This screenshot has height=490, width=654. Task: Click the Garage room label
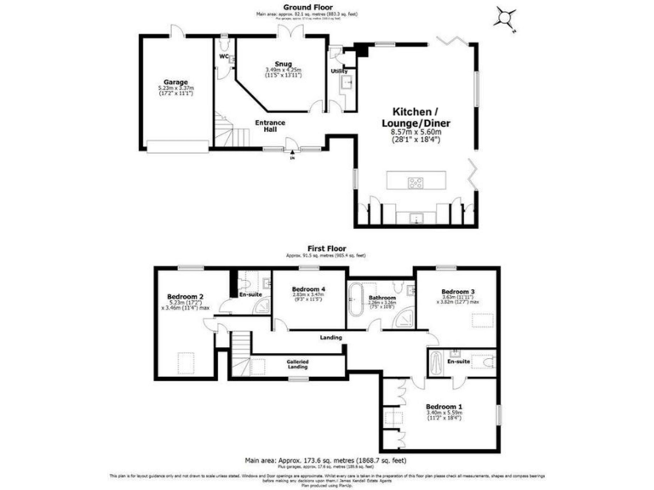click(176, 83)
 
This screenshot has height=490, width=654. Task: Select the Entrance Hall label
click(271, 125)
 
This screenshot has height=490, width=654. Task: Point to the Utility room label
click(338, 71)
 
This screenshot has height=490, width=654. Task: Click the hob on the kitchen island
click(416, 181)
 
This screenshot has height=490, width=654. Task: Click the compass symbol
click(506, 16)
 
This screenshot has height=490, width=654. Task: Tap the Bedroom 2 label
click(184, 297)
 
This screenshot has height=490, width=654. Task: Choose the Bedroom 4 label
click(309, 288)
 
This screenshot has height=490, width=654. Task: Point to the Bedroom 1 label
click(448, 407)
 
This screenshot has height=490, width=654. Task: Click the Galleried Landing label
click(297, 365)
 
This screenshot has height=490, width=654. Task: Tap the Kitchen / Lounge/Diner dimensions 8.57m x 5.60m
click(415, 132)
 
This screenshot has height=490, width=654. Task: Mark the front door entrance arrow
click(293, 157)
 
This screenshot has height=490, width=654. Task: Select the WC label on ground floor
click(224, 56)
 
